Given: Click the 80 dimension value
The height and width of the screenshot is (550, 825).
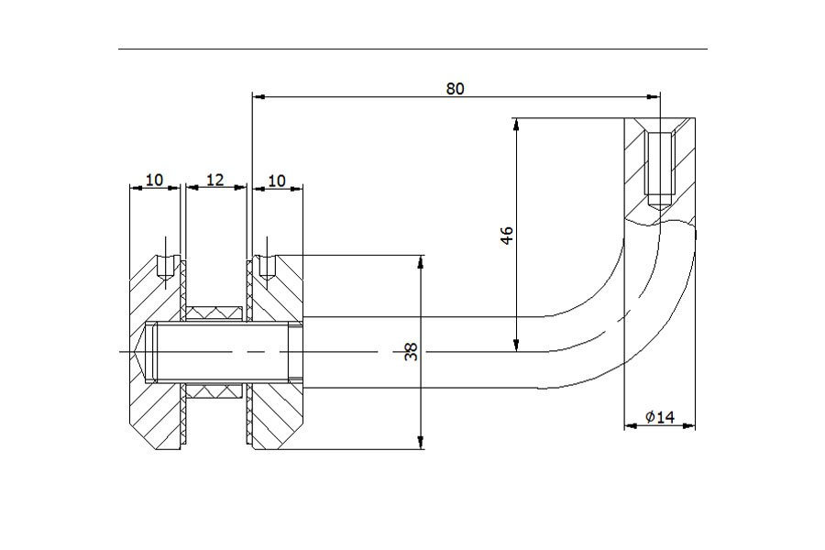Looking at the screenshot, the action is [455, 88].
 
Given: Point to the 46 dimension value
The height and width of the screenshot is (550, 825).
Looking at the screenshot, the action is [507, 236].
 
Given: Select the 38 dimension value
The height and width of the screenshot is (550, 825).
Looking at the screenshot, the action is [411, 352].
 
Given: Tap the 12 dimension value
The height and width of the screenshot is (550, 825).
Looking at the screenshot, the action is [214, 180].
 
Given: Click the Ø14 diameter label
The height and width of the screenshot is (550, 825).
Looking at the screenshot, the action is [660, 417].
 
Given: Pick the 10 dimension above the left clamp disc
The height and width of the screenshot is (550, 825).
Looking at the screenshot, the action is [154, 180].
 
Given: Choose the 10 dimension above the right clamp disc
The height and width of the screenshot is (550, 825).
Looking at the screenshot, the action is [277, 181].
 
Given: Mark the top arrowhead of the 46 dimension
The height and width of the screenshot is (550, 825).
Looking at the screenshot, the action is [517, 125].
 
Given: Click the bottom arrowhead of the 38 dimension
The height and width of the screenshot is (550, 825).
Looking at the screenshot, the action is [421, 443].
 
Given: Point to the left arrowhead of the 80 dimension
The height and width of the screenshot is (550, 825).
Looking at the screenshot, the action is [258, 96].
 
